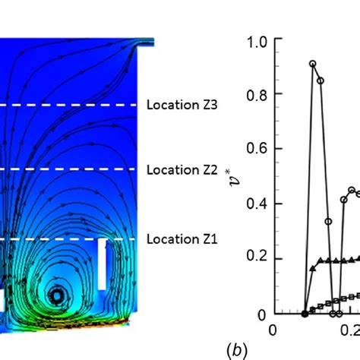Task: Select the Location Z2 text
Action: (182, 169)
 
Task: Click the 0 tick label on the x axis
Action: (273, 330)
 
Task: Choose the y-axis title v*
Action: (229, 180)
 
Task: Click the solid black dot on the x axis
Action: (305, 313)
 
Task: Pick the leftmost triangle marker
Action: (314, 267)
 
